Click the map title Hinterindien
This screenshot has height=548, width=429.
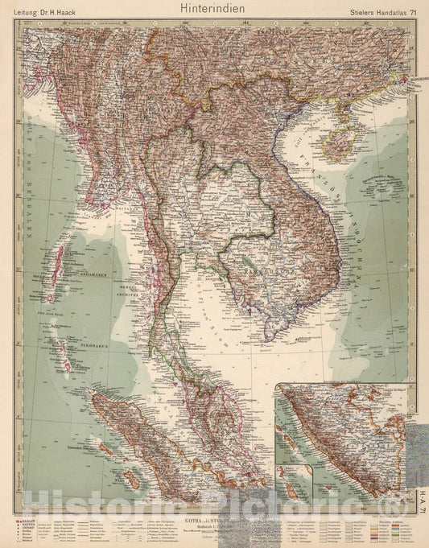(214, 7)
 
